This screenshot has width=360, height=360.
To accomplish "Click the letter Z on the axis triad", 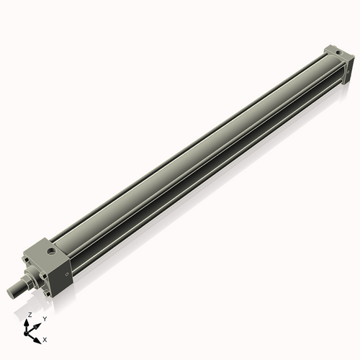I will coord(30,315).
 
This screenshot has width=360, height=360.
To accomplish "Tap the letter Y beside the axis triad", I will coord(44,318).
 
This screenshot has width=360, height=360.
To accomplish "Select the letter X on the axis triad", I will coord(45,338).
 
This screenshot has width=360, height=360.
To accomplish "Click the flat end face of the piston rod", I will coord(10,291).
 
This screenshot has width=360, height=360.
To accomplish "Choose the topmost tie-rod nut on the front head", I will coord(30,256).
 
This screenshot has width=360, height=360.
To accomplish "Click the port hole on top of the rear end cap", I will coord(334,53).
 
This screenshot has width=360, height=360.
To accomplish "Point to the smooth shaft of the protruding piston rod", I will coord(18,287).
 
